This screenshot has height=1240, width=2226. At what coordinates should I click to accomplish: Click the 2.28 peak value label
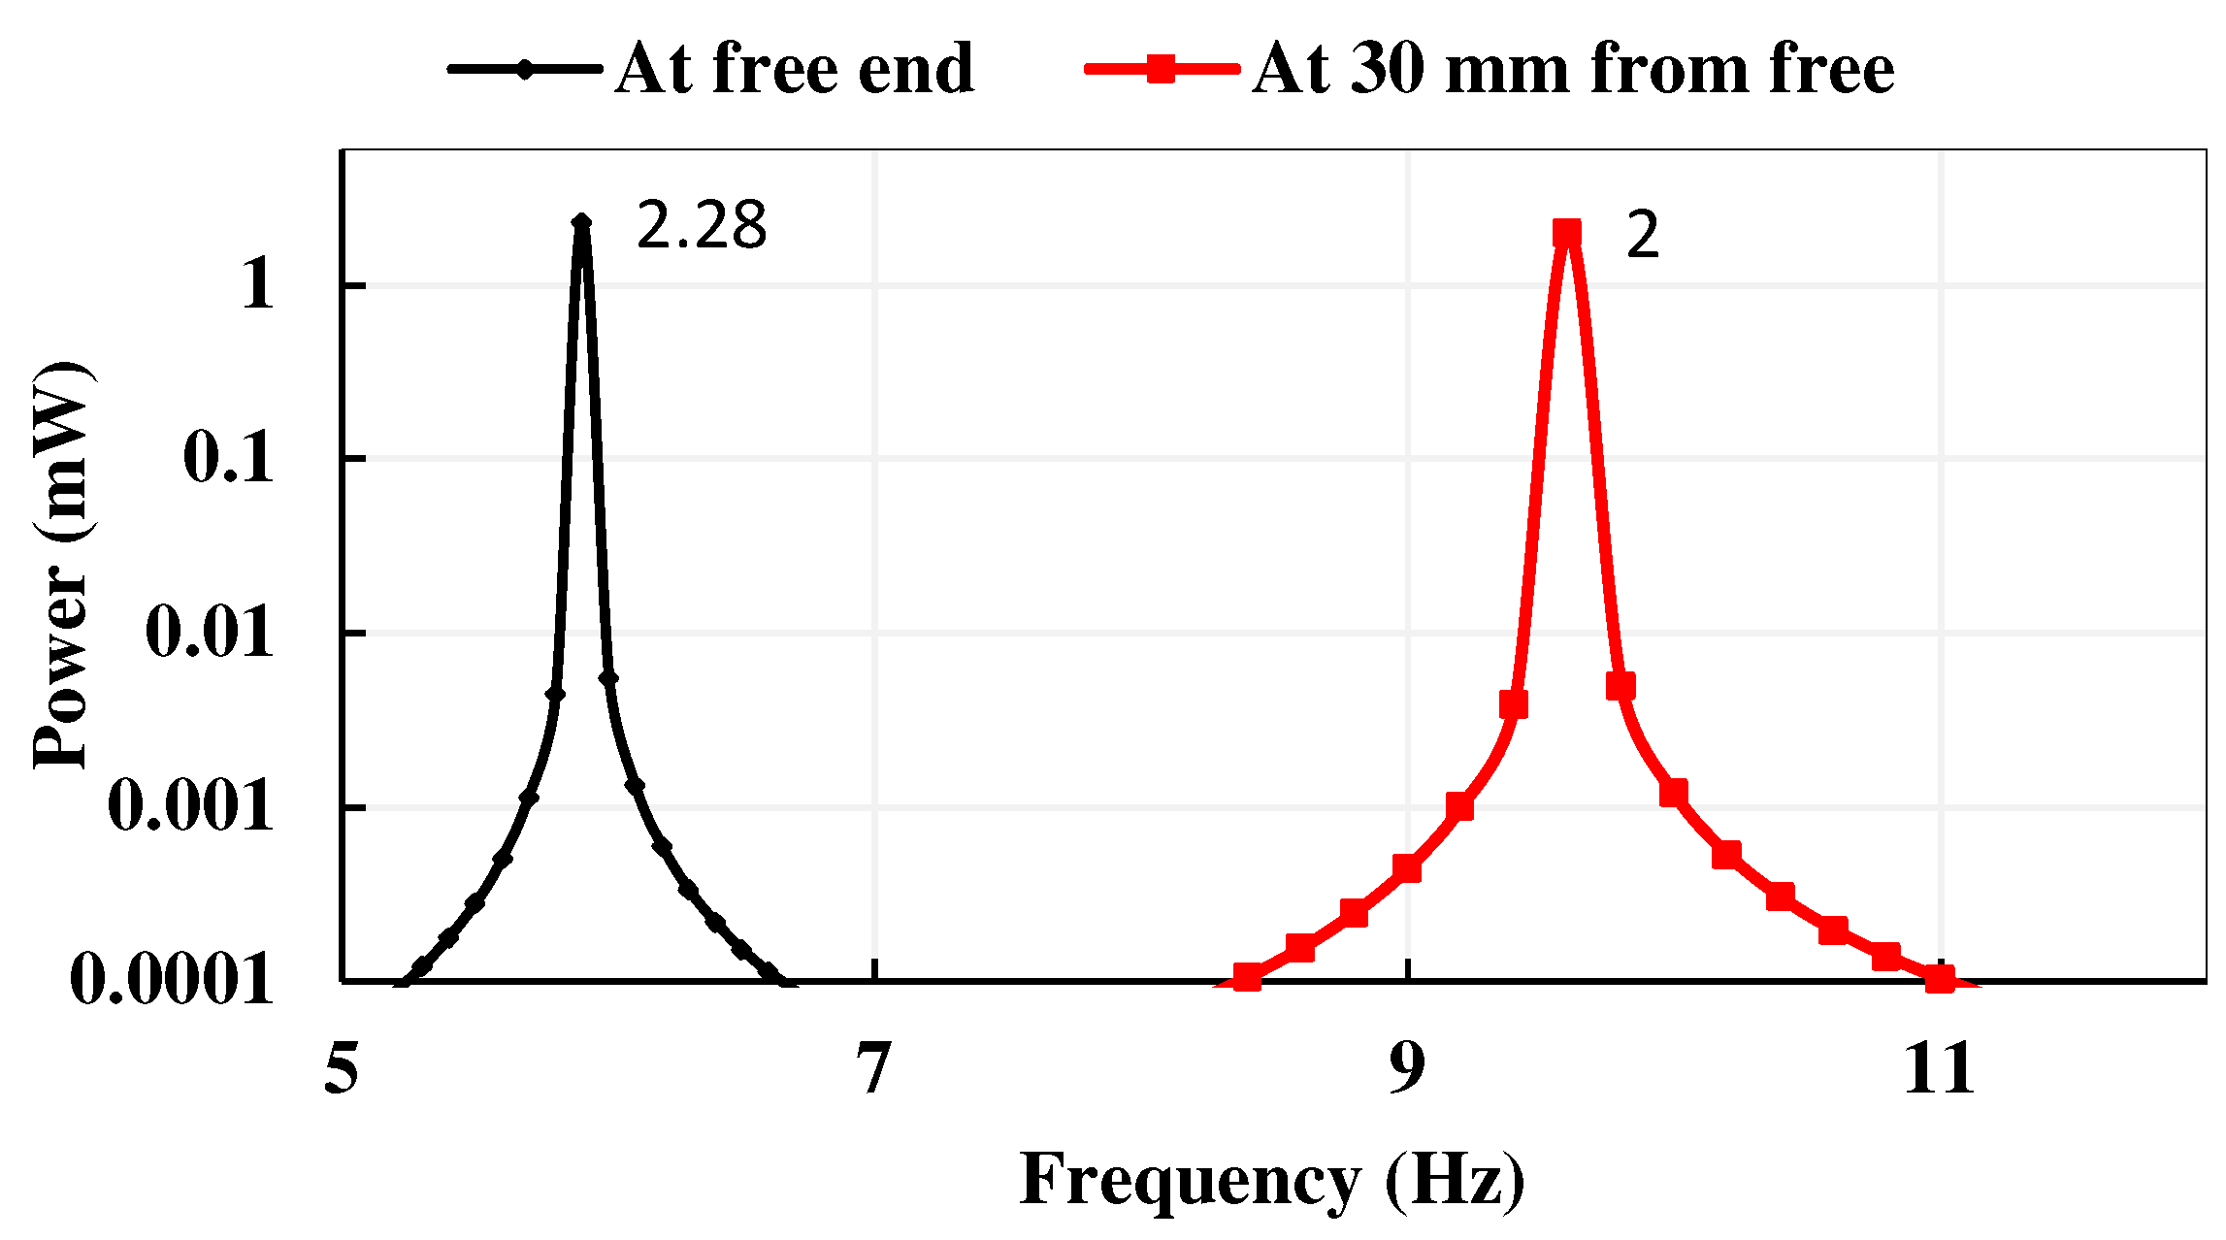[701, 225]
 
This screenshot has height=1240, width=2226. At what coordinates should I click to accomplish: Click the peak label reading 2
[1642, 236]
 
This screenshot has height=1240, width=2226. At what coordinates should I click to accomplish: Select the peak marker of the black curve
[581, 223]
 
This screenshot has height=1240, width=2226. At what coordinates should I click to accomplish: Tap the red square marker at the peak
[1567, 234]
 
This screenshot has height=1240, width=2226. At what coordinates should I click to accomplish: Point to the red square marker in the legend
[1161, 69]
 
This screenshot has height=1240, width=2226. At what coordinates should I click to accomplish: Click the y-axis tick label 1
[258, 285]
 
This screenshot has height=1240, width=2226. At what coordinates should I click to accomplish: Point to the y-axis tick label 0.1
[229, 458]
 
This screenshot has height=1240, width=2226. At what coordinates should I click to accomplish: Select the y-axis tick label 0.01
[210, 633]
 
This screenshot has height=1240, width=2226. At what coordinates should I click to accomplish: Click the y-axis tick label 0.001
[191, 806]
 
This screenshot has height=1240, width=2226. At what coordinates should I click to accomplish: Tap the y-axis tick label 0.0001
[172, 980]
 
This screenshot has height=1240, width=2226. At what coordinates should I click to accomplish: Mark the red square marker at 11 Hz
[1939, 978]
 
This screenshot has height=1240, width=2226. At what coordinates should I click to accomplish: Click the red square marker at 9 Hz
[1407, 868]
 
